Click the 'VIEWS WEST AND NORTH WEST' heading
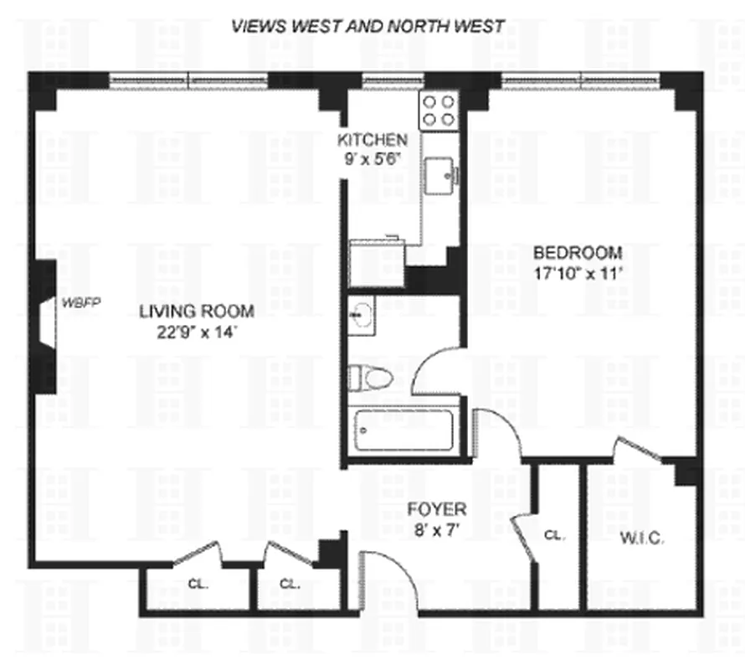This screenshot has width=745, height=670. pyautogui.click(x=368, y=26)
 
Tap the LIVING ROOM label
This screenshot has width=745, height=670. pyautogui.click(x=197, y=312)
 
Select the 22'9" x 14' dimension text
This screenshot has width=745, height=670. pyautogui.click(x=197, y=332)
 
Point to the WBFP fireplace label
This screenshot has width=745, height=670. pyautogui.click(x=80, y=302)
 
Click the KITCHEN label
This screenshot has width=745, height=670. pyautogui.click(x=372, y=140)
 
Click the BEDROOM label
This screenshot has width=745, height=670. pyautogui.click(x=578, y=252)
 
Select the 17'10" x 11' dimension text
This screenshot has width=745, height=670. pyautogui.click(x=578, y=272)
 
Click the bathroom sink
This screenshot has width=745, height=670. pyautogui.click(x=362, y=316)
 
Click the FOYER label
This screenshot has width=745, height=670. pyautogui.click(x=436, y=509)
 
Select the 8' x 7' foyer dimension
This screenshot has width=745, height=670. pyautogui.click(x=436, y=529)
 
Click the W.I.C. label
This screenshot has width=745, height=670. pyautogui.click(x=640, y=539)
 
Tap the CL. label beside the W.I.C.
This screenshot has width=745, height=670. pyautogui.click(x=553, y=534)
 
